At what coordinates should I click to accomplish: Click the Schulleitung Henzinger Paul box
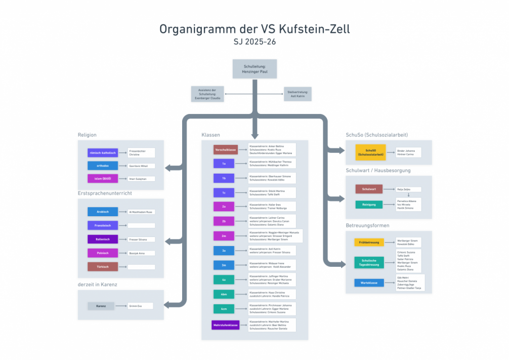(254, 69)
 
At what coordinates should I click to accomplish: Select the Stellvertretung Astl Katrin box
(297, 94)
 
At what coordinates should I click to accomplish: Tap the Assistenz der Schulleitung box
(207, 94)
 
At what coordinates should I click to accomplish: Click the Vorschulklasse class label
(225, 150)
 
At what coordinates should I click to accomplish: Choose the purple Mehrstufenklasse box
(225, 325)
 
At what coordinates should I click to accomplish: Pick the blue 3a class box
(224, 251)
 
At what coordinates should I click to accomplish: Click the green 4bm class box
(224, 294)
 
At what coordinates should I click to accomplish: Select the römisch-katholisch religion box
(103, 152)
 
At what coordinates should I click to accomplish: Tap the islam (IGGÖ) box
(103, 179)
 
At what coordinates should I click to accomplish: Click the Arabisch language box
(103, 212)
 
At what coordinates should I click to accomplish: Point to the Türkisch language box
(103, 266)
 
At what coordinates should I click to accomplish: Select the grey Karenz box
(101, 306)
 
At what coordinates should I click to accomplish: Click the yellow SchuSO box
(370, 152)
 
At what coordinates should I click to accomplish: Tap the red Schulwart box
(369, 189)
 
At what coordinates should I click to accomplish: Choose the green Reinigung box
(369, 205)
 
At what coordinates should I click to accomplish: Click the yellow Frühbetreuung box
(369, 243)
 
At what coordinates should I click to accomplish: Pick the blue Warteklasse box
(369, 283)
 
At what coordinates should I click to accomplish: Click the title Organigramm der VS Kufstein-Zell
(254, 29)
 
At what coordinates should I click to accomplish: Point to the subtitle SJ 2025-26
(254, 43)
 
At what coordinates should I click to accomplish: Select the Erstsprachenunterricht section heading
(104, 193)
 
